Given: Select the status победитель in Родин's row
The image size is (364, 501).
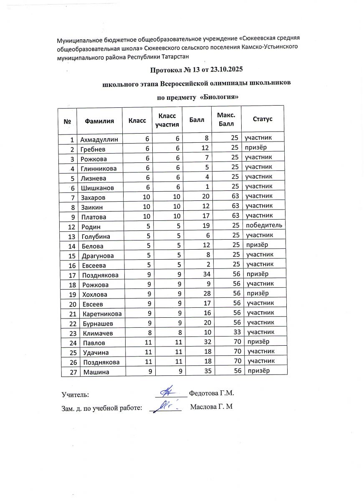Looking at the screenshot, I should point(263,226).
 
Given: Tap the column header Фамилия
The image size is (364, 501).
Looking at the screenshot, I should point(99,121).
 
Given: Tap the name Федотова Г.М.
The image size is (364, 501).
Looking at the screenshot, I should point(212,393).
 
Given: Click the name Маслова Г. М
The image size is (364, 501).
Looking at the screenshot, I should point(211,407).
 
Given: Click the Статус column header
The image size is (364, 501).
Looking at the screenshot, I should point(263,119).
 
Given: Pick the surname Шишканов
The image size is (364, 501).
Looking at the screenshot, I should point(98,188).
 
